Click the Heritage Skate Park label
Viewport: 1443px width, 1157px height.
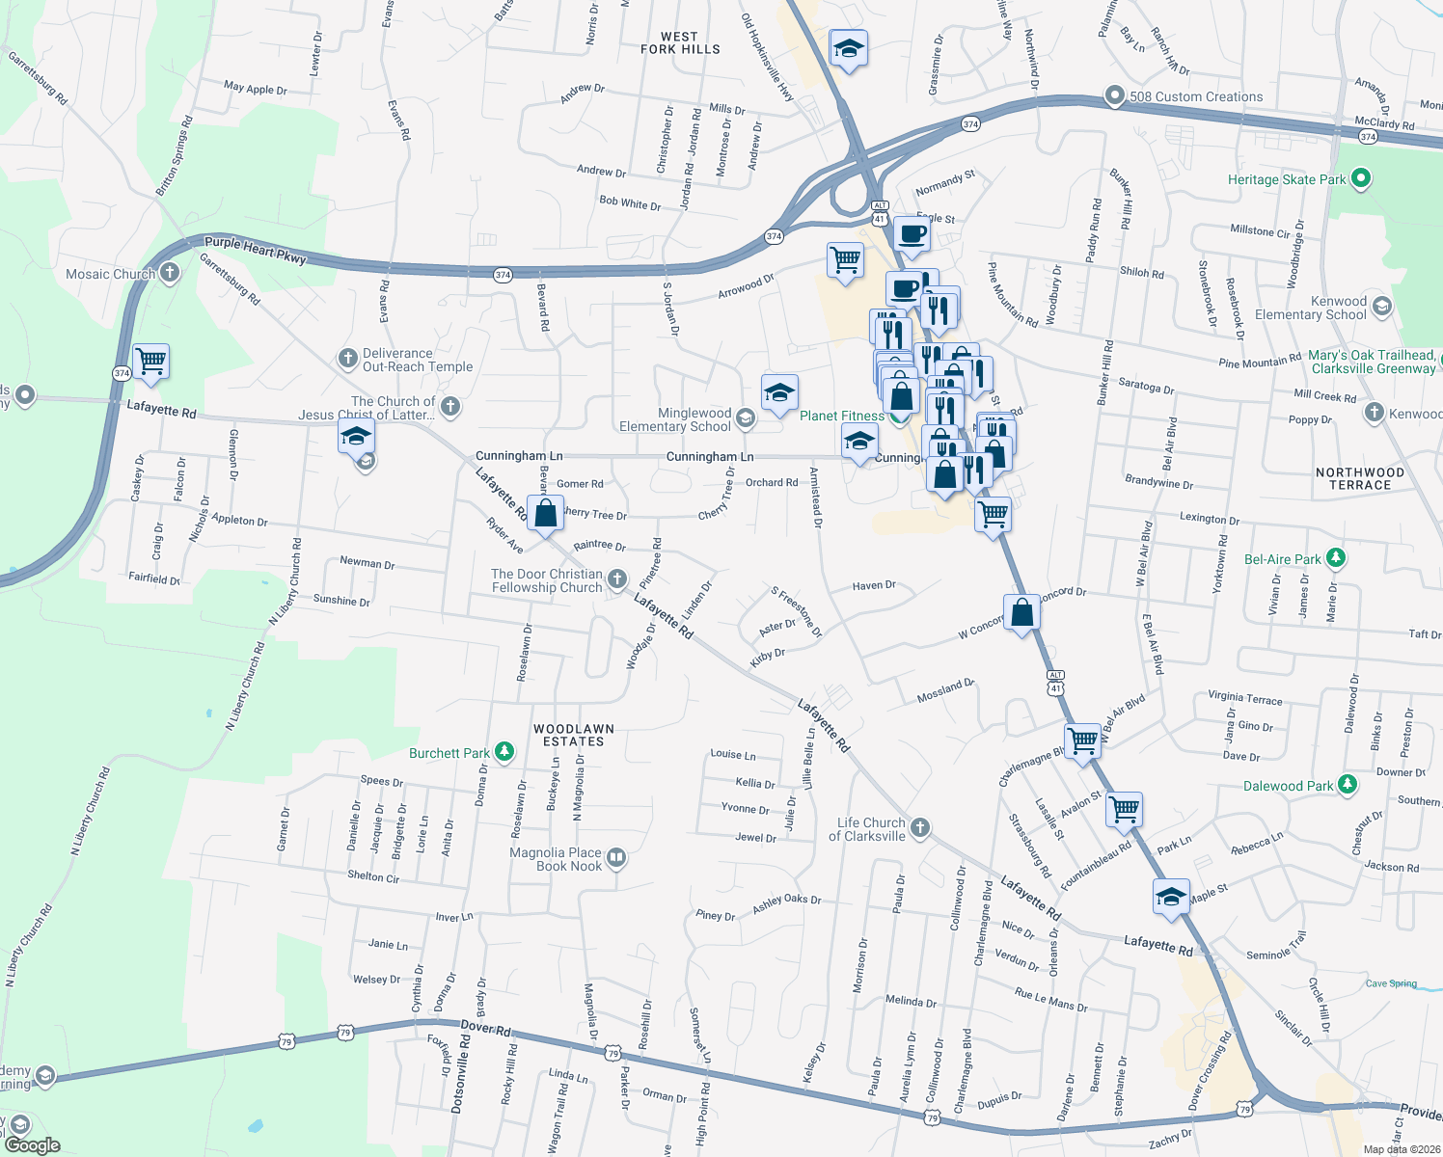[x=1286, y=179]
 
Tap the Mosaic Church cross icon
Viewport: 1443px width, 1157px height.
[x=170, y=273]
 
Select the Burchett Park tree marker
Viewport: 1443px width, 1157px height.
[x=503, y=751]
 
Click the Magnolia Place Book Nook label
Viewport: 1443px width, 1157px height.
[x=556, y=859]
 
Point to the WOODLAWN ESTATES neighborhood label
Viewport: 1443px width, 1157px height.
[x=574, y=735]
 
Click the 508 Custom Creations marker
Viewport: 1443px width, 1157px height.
[x=1115, y=95]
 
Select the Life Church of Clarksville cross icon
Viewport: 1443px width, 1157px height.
[x=920, y=827]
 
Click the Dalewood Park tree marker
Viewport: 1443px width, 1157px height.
[x=1348, y=785]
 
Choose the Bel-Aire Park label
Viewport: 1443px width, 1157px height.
[x=1283, y=559]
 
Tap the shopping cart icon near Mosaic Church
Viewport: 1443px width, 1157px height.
[x=150, y=362]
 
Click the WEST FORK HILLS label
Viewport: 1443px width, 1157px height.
[x=680, y=43]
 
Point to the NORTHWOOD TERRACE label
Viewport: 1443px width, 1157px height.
[x=1360, y=478]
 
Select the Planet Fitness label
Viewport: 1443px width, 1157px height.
[x=841, y=416]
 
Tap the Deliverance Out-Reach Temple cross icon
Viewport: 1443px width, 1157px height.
[x=348, y=359]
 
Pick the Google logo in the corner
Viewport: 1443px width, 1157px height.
[x=32, y=1144]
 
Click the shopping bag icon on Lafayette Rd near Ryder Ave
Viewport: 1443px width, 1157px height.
[x=545, y=513]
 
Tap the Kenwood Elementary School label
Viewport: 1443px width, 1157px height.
[x=1310, y=309]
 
